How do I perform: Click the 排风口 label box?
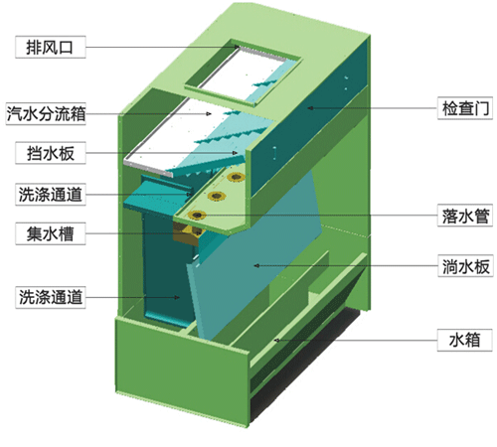click(51, 47)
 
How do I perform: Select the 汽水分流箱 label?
click(46, 113)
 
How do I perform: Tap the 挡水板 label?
click(51, 153)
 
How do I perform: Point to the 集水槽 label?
click(51, 233)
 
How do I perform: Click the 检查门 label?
click(465, 108)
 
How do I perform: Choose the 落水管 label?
click(465, 216)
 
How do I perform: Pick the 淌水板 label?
click(465, 265)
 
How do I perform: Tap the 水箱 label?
click(464, 340)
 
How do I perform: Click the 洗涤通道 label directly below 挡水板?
click(51, 194)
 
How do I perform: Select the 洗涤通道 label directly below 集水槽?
click(51, 297)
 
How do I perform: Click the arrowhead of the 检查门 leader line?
click(310, 108)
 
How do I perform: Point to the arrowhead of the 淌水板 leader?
click(256, 265)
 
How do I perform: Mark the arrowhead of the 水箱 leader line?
click(276, 340)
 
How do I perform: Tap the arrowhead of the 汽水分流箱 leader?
click(209, 114)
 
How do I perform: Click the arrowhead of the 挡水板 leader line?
click(235, 153)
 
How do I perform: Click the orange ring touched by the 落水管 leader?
click(197, 216)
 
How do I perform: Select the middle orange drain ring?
click(217, 197)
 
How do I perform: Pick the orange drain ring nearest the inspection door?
click(236, 177)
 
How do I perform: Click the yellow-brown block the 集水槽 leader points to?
click(188, 231)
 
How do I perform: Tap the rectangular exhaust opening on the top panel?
click(244, 73)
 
